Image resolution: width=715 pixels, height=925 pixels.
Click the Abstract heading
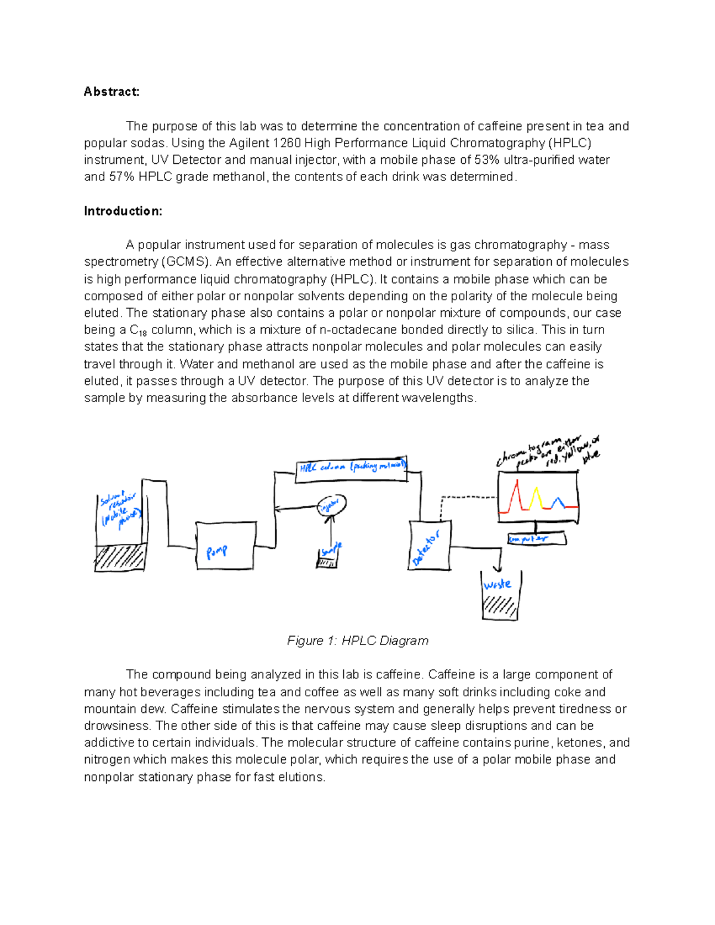click(x=111, y=92)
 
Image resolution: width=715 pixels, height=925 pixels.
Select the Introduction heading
click(x=123, y=211)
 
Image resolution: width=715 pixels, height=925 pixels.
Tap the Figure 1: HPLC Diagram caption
click(x=357, y=640)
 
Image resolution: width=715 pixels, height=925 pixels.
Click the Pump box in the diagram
click(x=226, y=546)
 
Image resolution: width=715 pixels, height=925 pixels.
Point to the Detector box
click(x=429, y=546)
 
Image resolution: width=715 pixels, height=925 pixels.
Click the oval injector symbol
click(x=331, y=506)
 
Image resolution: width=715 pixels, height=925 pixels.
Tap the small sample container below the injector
click(x=327, y=559)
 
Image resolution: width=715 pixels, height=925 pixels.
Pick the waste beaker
click(x=500, y=597)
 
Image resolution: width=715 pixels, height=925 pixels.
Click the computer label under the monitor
click(x=536, y=539)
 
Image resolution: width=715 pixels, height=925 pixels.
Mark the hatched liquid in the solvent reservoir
click(x=120, y=557)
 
